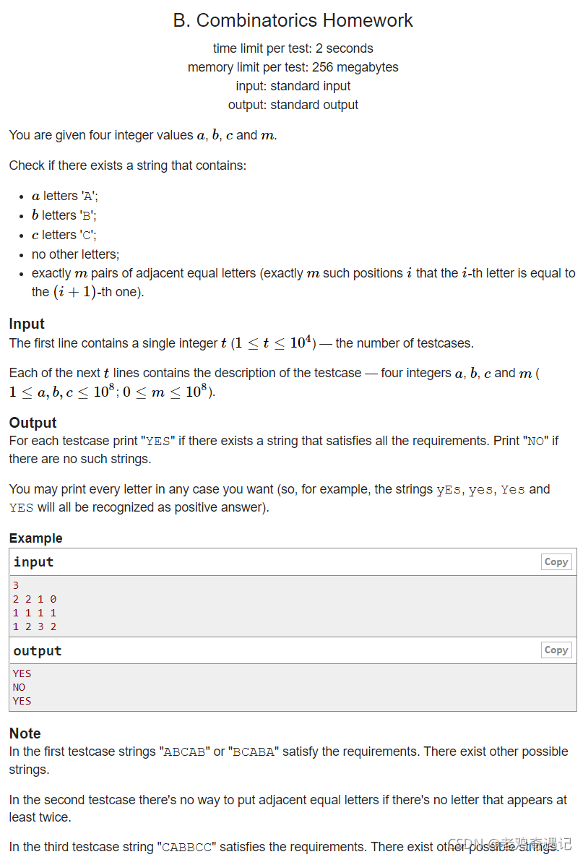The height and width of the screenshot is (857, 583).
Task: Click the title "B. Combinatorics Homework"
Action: pyautogui.click(x=293, y=20)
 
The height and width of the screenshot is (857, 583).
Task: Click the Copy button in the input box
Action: pyautogui.click(x=556, y=562)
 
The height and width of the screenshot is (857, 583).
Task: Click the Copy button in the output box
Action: pyautogui.click(x=556, y=650)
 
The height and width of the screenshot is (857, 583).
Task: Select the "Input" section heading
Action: pyautogui.click(x=27, y=324)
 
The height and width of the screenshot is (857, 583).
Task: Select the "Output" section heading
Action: pyautogui.click(x=33, y=423)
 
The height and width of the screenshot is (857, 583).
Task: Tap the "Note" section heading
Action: pyautogui.click(x=25, y=733)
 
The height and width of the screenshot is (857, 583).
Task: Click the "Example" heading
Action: pyautogui.click(x=35, y=538)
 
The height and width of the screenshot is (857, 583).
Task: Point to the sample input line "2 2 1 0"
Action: pyautogui.click(x=35, y=599)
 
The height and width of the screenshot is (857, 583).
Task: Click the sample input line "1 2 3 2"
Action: pyautogui.click(x=35, y=626)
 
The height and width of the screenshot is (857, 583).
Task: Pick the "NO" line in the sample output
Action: pyautogui.click(x=19, y=687)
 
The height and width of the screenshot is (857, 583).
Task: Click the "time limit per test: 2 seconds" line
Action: pyautogui.click(x=293, y=48)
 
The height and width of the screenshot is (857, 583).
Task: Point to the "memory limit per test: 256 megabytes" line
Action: pyautogui.click(x=293, y=67)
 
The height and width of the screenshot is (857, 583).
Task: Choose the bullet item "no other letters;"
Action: pyautogui.click(x=75, y=254)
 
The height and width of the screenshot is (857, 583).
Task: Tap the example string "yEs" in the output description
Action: pyautogui.click(x=448, y=490)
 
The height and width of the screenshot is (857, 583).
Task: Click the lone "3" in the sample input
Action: pyautogui.click(x=16, y=585)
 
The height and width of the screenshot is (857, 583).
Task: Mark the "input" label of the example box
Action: pyautogui.click(x=33, y=562)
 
